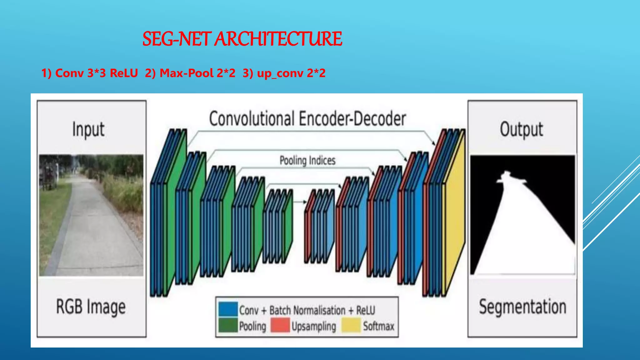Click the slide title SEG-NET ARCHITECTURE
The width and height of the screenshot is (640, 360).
242,39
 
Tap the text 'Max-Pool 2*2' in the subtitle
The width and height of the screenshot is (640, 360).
197,73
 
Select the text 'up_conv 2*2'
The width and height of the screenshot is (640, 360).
291,73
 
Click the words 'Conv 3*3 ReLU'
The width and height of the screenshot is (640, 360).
96,73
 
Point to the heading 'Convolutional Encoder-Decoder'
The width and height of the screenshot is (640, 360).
307,119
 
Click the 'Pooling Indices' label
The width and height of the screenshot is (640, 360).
307,160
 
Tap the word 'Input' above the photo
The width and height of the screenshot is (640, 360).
88,129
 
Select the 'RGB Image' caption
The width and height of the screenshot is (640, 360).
91,307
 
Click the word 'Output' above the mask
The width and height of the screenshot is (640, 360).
521,129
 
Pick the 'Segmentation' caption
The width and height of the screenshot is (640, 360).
522,307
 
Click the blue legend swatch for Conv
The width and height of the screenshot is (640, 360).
228,309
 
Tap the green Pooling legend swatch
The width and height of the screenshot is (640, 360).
228,325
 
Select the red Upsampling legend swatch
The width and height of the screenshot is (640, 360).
280,325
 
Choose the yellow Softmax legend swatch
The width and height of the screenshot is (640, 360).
351,325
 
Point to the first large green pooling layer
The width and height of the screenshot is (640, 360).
174,212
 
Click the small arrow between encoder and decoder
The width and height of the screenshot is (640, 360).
300,202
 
